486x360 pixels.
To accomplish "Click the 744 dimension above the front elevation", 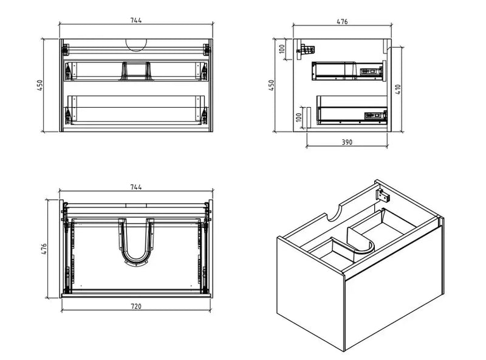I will (x=135, y=20).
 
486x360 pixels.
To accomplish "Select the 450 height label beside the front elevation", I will (x=40, y=85).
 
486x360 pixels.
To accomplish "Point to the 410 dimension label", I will (x=398, y=89).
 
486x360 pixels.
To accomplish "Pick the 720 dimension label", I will (x=135, y=306).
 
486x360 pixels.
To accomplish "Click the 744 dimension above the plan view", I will (x=135, y=188).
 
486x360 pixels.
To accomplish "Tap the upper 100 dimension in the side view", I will (x=283, y=49).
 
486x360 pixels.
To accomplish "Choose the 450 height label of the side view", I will (x=272, y=85).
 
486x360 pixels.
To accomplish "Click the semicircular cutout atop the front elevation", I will (x=136, y=44).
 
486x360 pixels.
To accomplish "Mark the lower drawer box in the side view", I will (x=353, y=113).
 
